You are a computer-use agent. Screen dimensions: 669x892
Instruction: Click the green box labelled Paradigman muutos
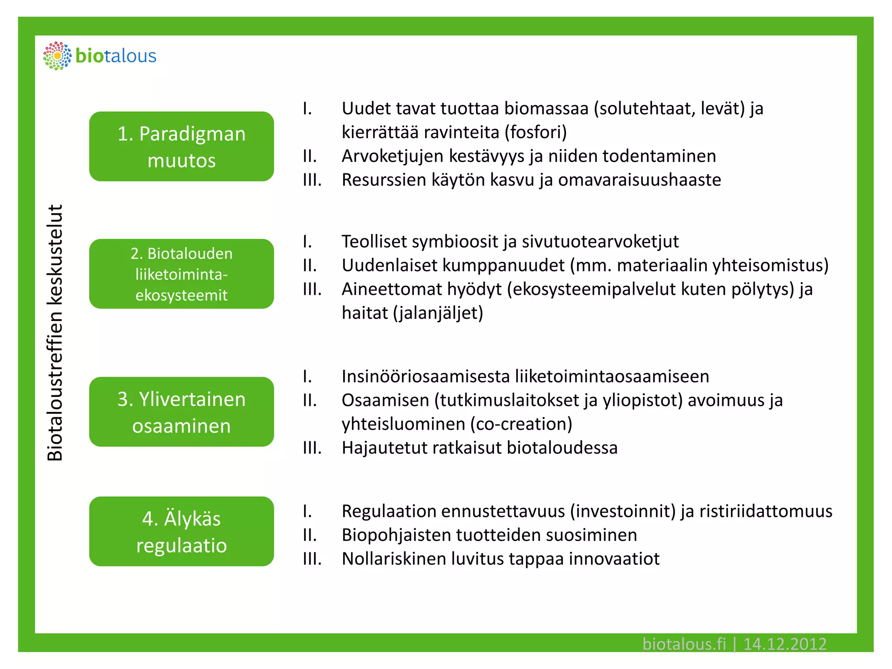pos(181,146)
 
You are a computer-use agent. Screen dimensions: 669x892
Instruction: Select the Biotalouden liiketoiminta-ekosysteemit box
pos(181,274)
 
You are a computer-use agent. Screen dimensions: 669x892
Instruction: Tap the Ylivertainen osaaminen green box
pos(181,412)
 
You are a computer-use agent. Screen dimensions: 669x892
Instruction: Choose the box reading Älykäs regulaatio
pos(181,531)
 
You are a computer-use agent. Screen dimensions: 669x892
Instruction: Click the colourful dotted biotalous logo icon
pos(57,56)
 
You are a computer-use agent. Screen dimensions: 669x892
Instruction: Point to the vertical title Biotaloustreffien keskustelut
pos(55,333)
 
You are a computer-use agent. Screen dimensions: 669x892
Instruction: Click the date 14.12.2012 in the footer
pos(784,644)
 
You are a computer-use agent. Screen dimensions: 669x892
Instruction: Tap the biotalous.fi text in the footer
pos(684,644)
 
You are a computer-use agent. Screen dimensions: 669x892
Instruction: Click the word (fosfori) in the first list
pos(536,132)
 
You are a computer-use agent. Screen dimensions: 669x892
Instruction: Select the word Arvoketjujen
pos(392,156)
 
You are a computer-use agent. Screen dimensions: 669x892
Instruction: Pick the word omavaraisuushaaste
pos(639,180)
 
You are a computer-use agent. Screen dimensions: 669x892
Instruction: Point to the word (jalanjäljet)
pos(438,313)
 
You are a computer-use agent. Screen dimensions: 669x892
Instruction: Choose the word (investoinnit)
pos(623,511)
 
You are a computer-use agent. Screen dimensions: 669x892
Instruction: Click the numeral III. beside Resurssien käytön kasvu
pos(312,180)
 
